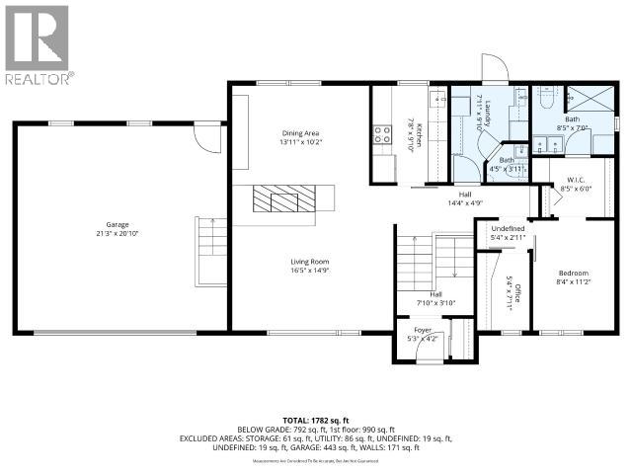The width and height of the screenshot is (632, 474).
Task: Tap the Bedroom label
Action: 573,273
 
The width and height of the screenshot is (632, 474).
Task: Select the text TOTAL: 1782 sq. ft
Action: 315,420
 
